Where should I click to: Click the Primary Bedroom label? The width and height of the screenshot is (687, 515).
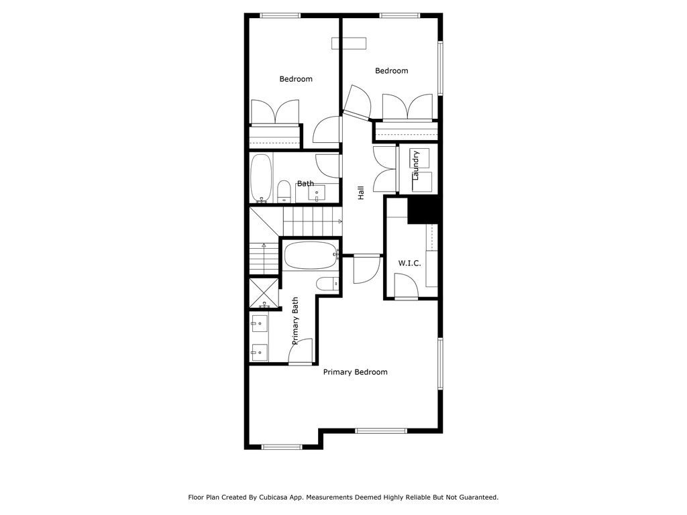click(x=356, y=372)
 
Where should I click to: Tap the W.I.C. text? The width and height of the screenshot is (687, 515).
click(x=409, y=263)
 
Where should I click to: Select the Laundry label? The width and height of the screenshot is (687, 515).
click(x=416, y=165)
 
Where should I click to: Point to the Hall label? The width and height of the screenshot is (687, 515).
click(x=361, y=192)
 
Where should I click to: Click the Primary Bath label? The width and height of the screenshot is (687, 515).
click(x=295, y=321)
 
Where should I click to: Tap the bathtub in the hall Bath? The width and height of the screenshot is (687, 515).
click(x=261, y=178)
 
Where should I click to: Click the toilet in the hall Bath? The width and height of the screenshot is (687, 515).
click(x=284, y=192)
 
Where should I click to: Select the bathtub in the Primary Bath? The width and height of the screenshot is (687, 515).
click(x=311, y=255)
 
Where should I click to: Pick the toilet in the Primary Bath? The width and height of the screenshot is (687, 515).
click(x=327, y=284)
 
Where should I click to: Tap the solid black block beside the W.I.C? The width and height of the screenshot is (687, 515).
click(x=423, y=210)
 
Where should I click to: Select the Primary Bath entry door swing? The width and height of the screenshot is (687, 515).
click(x=301, y=351)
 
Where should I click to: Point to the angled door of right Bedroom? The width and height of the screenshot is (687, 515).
click(x=358, y=103)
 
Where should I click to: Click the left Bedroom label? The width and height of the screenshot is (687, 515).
click(x=296, y=79)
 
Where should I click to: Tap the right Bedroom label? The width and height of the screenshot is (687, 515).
click(x=391, y=71)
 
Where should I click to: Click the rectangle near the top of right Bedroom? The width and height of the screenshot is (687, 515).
click(x=349, y=44)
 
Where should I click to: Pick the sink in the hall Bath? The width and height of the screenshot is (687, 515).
click(x=317, y=193)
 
